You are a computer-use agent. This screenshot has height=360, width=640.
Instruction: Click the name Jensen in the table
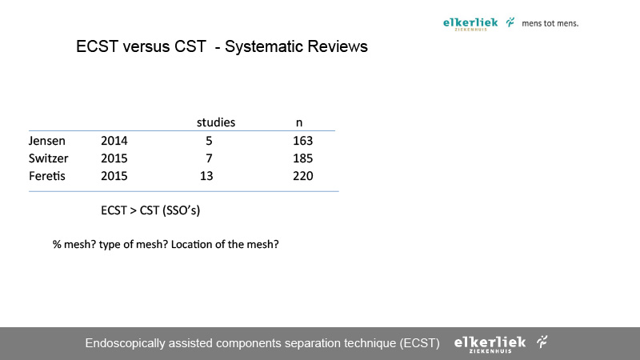coord(47,141)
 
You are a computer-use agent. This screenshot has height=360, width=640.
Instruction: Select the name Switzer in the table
coord(49,158)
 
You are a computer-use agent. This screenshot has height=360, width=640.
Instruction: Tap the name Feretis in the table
coord(47,176)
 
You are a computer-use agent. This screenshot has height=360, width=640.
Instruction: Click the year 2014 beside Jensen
coord(114,141)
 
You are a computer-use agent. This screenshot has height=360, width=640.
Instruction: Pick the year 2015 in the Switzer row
coord(114,158)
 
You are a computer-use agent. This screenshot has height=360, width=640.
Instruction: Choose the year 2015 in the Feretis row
coord(114,176)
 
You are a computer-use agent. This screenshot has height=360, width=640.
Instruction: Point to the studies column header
coord(216,122)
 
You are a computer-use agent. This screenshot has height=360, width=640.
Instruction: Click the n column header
coord(299,123)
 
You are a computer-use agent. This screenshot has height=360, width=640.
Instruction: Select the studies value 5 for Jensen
coord(209,141)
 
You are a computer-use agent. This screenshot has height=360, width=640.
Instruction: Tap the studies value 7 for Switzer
coord(209,158)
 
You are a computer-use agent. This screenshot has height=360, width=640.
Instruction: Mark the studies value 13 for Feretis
coord(206,176)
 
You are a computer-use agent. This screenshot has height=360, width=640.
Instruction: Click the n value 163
coord(303,141)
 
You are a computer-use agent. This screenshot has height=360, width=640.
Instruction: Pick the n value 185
coord(303,158)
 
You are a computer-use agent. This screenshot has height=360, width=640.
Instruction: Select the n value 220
coord(303,176)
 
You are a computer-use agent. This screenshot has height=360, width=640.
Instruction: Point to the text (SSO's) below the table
coord(182,210)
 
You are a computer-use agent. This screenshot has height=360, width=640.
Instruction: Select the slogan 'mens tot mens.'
coord(550,23)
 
